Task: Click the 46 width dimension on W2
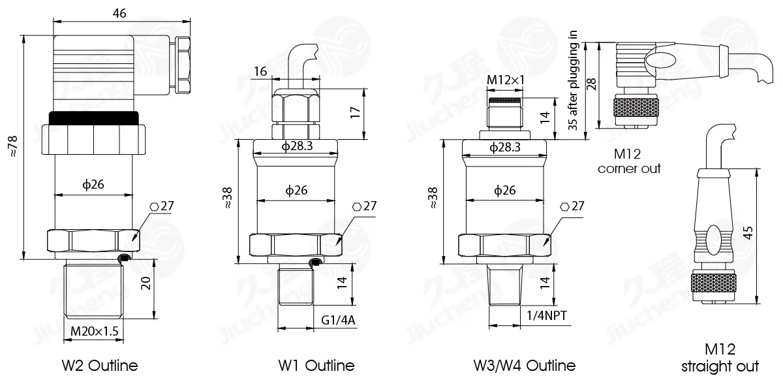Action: coord(119,13)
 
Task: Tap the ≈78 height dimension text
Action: coord(12,147)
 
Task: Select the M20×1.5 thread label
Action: coord(95,331)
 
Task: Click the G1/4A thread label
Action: coord(338,320)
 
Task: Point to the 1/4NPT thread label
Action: coord(547,315)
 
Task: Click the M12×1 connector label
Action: coord(506,80)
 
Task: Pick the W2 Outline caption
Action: coord(100,366)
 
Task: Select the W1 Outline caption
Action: coord(316,366)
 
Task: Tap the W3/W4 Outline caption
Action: coord(525,366)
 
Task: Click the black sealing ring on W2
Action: coord(94,118)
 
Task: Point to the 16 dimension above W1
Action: coord(260,71)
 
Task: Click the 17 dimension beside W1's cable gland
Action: coord(355,112)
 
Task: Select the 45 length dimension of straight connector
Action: coord(748,232)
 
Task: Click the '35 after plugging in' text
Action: coord(573,80)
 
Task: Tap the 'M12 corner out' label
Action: coord(629,161)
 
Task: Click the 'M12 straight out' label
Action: coord(720,358)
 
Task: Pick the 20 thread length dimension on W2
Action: coord(146,283)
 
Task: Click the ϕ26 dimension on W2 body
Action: coord(93,184)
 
